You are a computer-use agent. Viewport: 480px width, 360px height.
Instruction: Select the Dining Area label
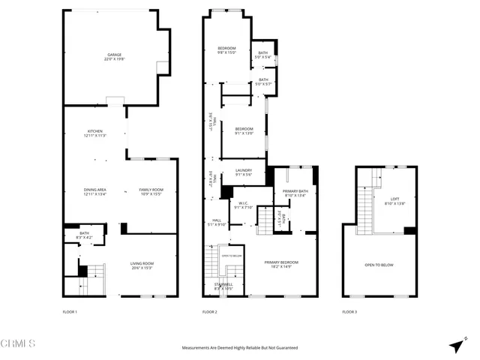pos(94,191)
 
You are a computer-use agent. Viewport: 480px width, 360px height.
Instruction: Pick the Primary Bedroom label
pos(281,263)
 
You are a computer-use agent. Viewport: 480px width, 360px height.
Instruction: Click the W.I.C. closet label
pos(243,205)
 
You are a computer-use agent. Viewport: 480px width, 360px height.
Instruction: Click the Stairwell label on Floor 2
pos(223,286)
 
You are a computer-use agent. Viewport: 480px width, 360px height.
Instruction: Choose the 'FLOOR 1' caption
pos(70,311)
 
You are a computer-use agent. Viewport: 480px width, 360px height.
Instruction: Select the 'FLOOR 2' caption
pos(209,311)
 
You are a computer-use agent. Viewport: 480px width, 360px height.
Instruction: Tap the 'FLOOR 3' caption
pos(349,311)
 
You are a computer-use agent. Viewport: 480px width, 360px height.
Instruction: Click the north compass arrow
pos(457,344)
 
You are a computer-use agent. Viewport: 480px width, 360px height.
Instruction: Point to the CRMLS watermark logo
pos(18,344)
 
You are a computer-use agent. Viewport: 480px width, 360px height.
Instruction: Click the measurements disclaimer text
pos(240,348)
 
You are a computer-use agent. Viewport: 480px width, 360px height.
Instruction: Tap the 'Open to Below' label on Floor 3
pos(380,265)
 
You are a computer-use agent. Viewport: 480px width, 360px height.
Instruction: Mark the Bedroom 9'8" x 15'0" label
pos(226,51)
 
